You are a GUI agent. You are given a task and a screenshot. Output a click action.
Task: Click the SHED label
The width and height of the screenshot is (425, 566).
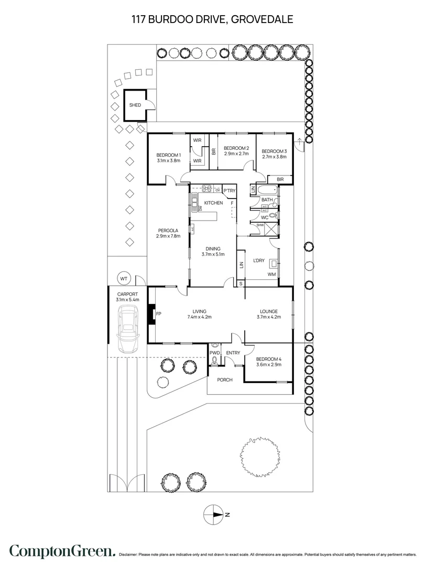(x=135, y=105)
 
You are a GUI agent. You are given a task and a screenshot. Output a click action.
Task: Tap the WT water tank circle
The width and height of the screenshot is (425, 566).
(x=124, y=278)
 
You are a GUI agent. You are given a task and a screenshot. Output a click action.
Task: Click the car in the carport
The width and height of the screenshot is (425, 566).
(x=127, y=329)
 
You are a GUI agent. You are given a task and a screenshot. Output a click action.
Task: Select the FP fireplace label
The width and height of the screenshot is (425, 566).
(x=158, y=314)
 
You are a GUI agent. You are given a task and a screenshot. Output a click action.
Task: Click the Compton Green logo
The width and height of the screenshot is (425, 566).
(x=62, y=551)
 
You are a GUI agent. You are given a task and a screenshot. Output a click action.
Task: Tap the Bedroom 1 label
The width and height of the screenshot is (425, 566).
(x=168, y=155)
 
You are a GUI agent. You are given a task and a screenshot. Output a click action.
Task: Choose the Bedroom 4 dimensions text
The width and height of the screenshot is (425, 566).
(x=269, y=364)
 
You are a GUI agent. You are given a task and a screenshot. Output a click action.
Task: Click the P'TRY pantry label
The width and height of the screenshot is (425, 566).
(x=229, y=191)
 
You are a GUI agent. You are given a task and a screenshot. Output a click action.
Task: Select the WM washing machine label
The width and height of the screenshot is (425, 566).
(x=271, y=274)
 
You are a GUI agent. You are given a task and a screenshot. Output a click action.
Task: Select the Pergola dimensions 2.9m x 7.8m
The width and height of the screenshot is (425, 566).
(x=168, y=236)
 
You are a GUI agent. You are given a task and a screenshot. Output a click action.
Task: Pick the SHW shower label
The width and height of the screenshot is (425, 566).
(x=260, y=225)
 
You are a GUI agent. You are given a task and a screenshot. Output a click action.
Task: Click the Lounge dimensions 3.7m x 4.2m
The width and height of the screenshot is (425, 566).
(x=269, y=317)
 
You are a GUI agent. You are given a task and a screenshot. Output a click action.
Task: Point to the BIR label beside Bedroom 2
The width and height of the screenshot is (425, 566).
(x=213, y=152)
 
